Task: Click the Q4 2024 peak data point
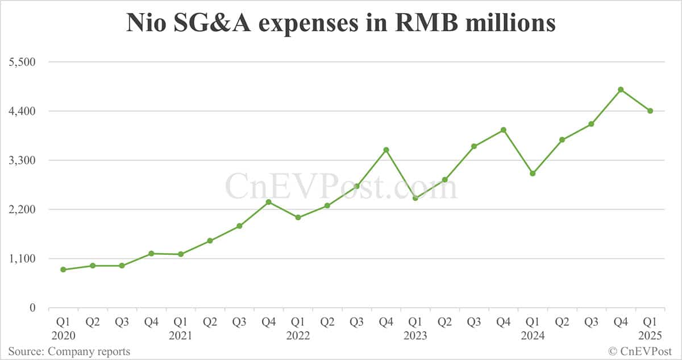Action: click(x=621, y=89)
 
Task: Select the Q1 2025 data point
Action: click(x=650, y=111)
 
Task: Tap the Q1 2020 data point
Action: click(x=63, y=270)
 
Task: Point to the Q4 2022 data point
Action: click(x=386, y=150)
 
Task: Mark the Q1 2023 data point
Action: click(x=415, y=198)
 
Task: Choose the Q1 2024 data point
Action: click(x=533, y=173)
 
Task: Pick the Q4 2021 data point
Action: click(x=269, y=202)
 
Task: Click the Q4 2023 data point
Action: click(x=504, y=130)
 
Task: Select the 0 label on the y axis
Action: click(x=32, y=308)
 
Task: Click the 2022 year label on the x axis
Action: click(x=298, y=336)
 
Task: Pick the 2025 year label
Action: click(x=650, y=336)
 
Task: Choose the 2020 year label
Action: click(x=63, y=336)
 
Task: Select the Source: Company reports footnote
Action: click(x=69, y=351)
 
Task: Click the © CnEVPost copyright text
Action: click(x=641, y=351)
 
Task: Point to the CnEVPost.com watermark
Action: click(x=341, y=186)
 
